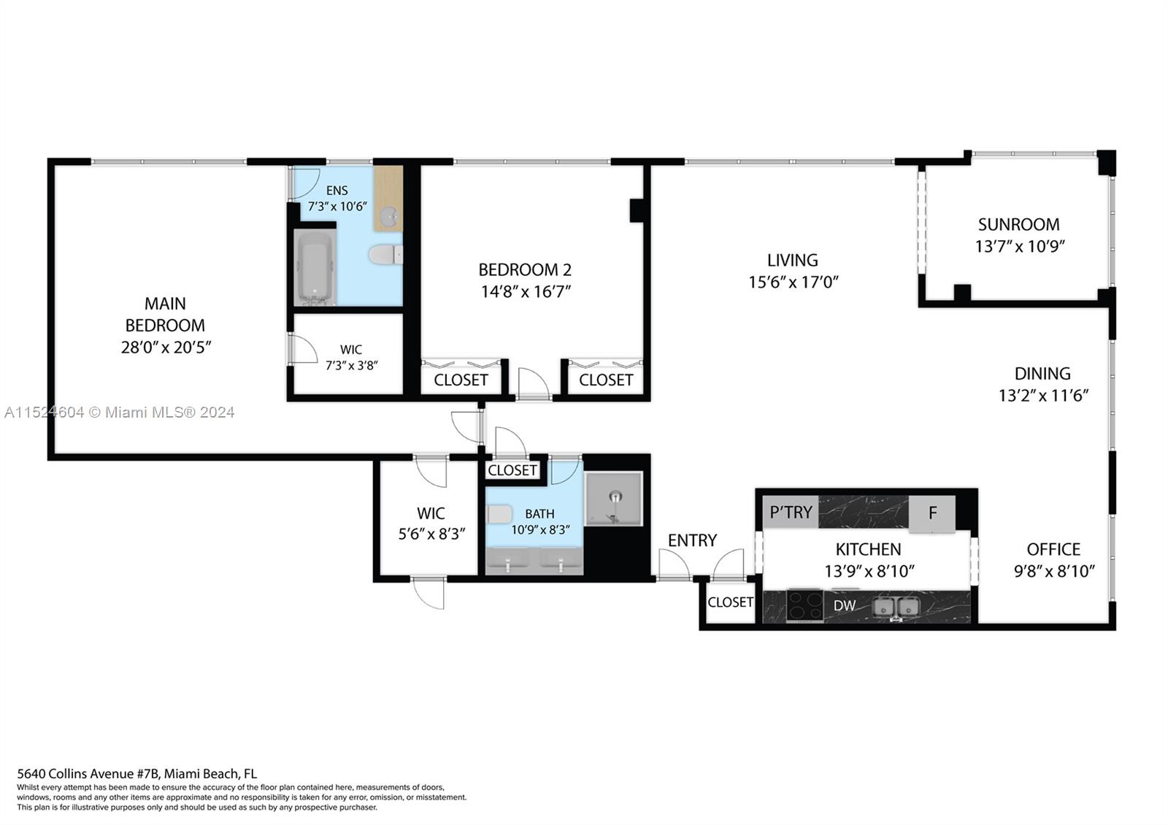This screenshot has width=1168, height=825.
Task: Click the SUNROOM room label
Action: click(x=1018, y=224)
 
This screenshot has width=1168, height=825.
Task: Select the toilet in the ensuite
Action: click(x=385, y=255)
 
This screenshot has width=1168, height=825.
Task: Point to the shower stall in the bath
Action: click(x=614, y=499)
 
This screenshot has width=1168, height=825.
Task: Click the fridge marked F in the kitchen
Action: click(x=932, y=513)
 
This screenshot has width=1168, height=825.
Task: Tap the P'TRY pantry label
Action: click(x=791, y=512)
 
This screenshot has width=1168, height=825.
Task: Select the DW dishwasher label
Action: click(x=845, y=605)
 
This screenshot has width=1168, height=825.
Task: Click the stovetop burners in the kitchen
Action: click(x=804, y=605)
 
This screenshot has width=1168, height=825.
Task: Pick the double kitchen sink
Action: click(x=896, y=606)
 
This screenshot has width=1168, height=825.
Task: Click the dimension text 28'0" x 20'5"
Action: click(x=166, y=348)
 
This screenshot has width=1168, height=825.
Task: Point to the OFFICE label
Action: click(x=1053, y=549)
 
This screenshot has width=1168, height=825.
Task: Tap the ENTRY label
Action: click(x=692, y=540)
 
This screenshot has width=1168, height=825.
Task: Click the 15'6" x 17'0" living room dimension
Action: click(x=793, y=282)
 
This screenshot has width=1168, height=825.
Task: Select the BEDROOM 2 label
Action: click(x=525, y=269)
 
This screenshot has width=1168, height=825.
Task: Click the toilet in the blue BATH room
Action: click(x=500, y=514)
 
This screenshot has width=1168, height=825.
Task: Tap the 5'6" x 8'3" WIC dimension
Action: click(x=431, y=534)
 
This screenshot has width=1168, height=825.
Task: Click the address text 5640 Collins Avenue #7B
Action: click(x=88, y=774)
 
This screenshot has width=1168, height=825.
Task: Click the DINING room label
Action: click(x=1042, y=373)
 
